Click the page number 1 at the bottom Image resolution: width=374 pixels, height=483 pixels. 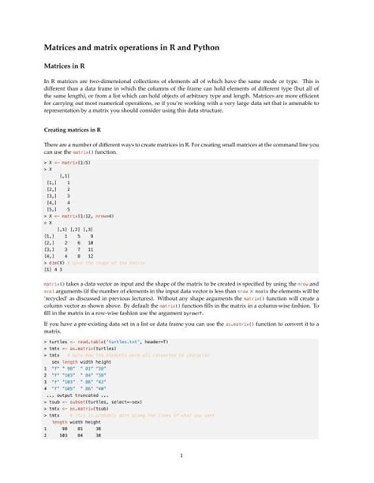coord(181,455)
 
